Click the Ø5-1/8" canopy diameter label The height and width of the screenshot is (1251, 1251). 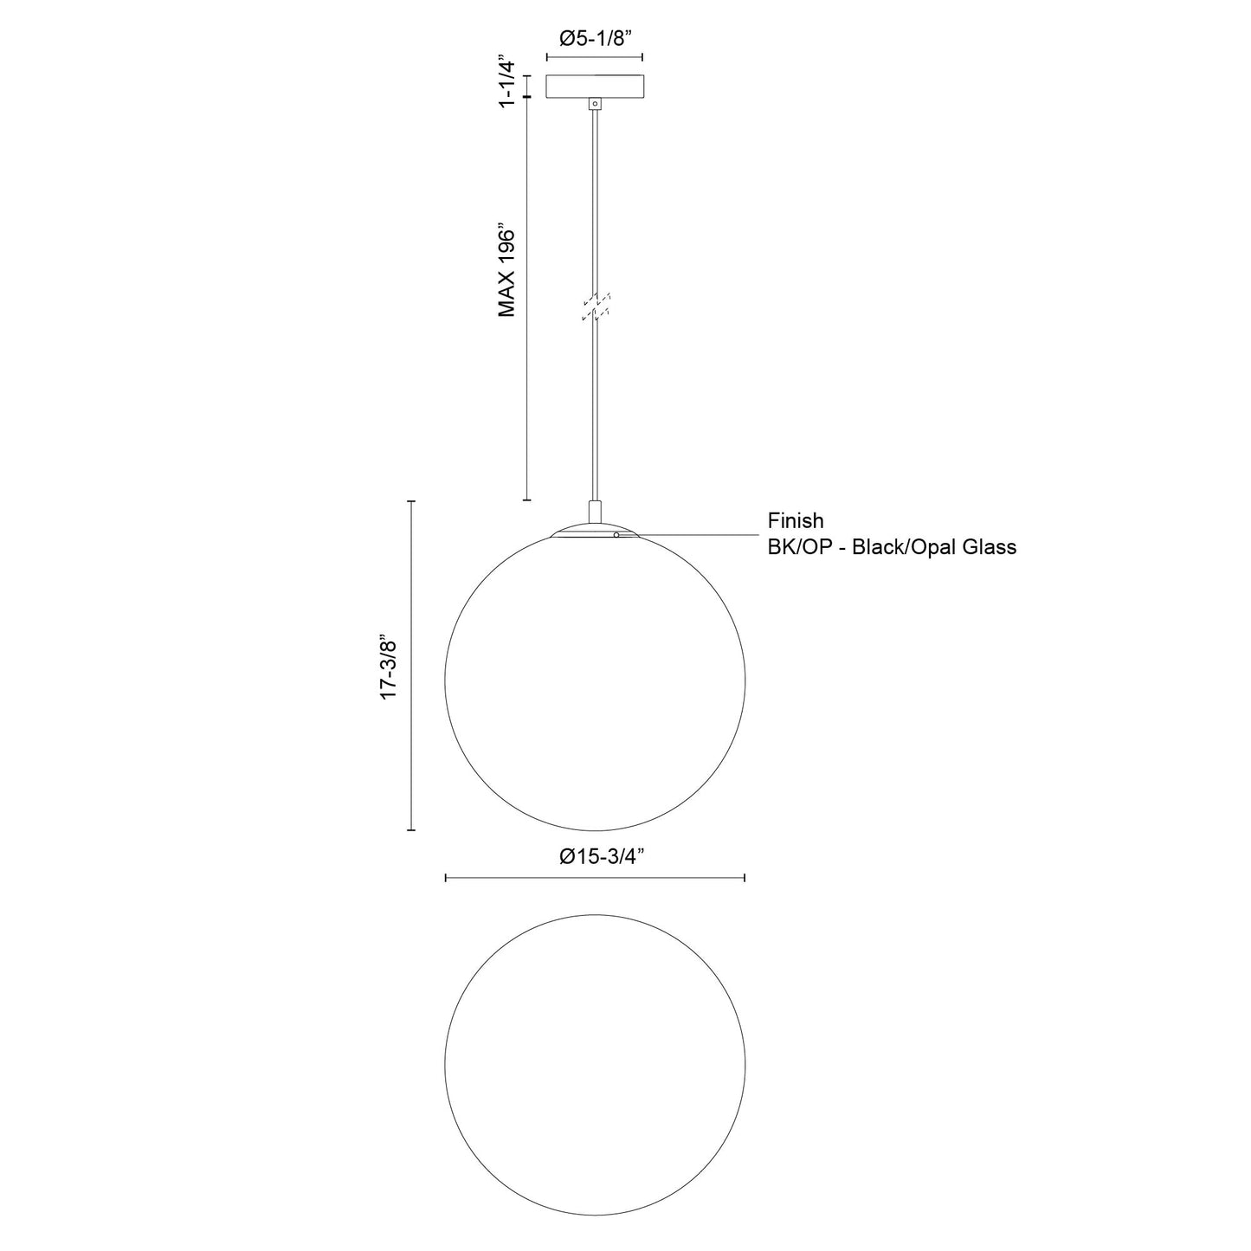click(x=594, y=38)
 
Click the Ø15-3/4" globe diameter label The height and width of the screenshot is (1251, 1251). click(x=603, y=857)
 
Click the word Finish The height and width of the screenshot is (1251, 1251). click(x=796, y=521)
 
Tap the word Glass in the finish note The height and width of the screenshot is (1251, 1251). click(x=987, y=547)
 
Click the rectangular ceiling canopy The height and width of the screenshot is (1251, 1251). click(x=594, y=87)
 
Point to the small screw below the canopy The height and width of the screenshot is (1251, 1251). click(x=594, y=104)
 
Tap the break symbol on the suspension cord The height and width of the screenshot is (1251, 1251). click(x=596, y=307)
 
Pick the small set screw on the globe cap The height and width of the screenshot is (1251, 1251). click(x=616, y=535)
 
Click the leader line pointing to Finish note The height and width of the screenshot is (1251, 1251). click(x=693, y=535)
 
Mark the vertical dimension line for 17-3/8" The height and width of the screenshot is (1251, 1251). click(x=411, y=666)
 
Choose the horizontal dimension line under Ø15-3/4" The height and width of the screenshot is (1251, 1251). click(x=594, y=878)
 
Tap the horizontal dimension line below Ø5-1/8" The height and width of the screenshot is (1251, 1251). click(x=594, y=58)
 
